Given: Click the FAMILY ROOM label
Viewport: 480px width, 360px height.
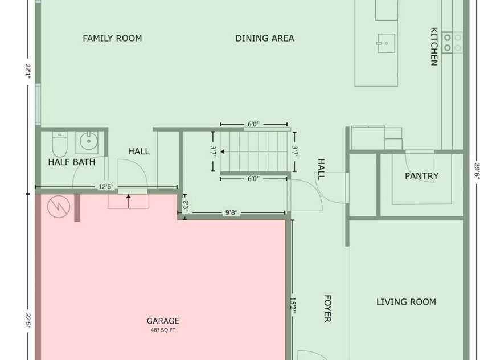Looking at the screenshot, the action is [112, 38].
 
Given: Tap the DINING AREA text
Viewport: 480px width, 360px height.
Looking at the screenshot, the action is [265, 38].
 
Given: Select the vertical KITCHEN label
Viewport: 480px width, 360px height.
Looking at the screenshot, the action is [434, 47].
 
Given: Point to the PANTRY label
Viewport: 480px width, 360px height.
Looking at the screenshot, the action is [421, 176].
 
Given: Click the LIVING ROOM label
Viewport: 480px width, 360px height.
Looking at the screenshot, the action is [406, 302].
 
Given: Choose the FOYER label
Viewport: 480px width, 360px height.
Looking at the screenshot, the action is [327, 309].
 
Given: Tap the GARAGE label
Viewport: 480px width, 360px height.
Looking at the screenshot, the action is [163, 321].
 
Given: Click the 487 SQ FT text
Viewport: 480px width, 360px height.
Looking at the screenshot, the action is [163, 330].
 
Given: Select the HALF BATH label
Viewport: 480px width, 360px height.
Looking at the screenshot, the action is [72, 162].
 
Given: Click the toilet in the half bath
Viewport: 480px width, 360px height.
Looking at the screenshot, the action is [59, 144].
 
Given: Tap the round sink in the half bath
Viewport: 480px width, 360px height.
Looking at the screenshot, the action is [89, 141].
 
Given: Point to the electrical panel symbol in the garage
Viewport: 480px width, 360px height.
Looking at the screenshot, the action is [59, 207].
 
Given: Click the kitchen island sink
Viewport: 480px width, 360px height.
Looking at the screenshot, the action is [385, 43].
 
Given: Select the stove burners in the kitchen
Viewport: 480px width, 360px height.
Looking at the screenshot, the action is [453, 43].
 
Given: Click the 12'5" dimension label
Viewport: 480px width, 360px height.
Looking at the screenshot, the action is [106, 187].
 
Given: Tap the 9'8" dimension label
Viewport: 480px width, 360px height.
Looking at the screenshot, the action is [231, 212].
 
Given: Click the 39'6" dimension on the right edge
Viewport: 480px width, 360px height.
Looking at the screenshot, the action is [477, 170].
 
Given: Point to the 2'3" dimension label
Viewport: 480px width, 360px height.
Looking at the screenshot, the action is [186, 206].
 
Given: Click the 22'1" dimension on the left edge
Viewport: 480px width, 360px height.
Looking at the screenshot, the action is [28, 71].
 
